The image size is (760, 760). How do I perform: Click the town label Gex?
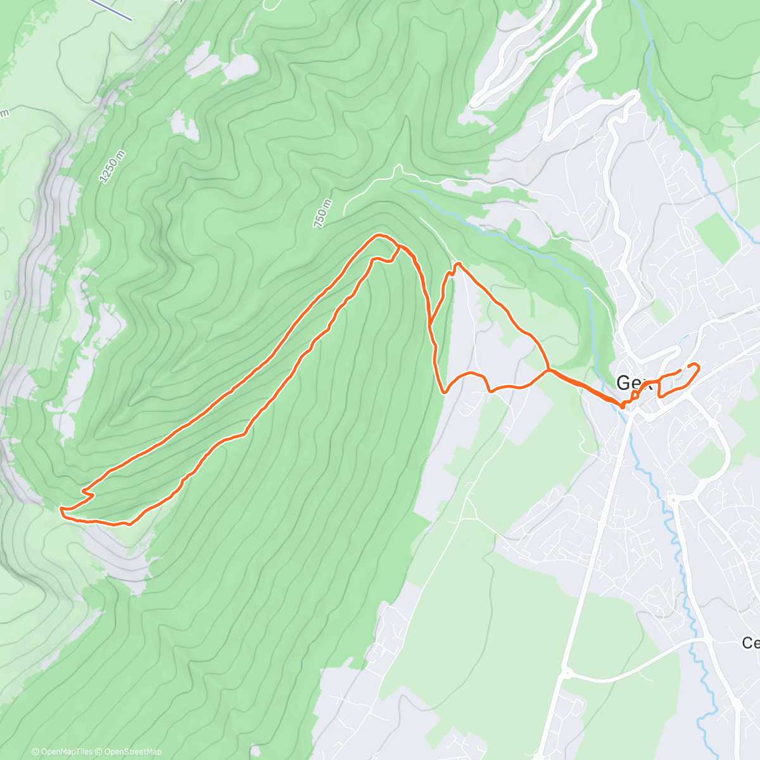pos(633,383)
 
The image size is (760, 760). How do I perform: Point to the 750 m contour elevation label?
pos(322,213)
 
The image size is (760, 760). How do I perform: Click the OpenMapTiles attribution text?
pos(62,752)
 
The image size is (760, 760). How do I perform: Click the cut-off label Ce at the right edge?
pos(750,643)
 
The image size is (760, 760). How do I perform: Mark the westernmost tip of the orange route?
pos(61,509)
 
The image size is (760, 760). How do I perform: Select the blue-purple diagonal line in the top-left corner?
pos(111,9)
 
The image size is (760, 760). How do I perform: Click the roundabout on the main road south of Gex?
pos(566,673)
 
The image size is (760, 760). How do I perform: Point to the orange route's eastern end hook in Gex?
pos(697,365)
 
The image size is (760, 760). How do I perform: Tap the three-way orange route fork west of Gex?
pos(548,369)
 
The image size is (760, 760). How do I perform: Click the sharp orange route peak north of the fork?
pos(457,263)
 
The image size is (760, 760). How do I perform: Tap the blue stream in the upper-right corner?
pos(703,165)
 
